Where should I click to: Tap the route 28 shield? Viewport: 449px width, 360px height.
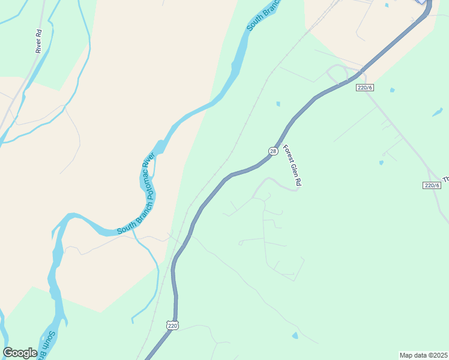pos(273,151)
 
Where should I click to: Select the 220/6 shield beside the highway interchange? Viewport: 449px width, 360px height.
pos(364,88)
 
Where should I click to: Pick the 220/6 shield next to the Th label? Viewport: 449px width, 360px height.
pos(432,185)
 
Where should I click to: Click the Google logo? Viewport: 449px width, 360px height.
pos(20,353)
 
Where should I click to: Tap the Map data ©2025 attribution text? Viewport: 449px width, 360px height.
pos(423,355)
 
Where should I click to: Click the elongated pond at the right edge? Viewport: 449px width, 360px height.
pos(438,112)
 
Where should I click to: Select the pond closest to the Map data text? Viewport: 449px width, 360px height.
pos(294,335)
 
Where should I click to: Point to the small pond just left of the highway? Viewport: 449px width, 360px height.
pos(278,104)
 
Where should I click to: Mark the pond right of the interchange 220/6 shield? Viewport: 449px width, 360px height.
pos(392,90)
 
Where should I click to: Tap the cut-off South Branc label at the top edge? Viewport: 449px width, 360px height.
pos(264,15)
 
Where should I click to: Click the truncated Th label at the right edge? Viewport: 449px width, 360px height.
pos(445,179)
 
